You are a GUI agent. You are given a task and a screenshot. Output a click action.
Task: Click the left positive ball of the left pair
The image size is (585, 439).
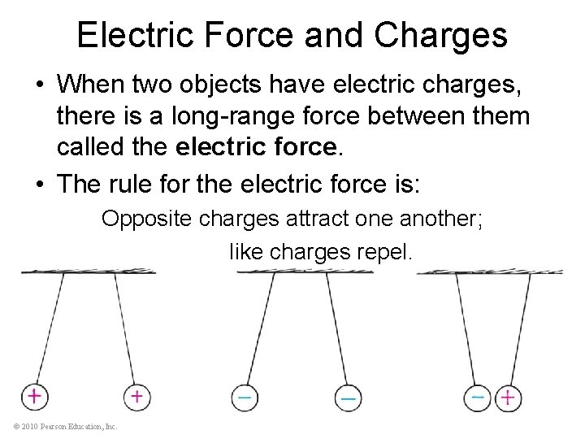pos(34,396)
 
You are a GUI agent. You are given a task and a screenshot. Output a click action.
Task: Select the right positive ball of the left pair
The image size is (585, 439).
pos(136,396)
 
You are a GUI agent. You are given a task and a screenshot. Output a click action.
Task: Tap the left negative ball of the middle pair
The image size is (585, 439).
pos(244,397)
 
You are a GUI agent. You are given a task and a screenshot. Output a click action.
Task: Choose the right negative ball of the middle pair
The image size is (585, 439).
pos(347,397)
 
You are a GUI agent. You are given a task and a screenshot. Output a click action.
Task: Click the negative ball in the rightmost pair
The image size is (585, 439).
pos(478,397)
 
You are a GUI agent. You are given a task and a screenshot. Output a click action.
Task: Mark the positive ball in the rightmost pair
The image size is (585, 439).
pos(508,397)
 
